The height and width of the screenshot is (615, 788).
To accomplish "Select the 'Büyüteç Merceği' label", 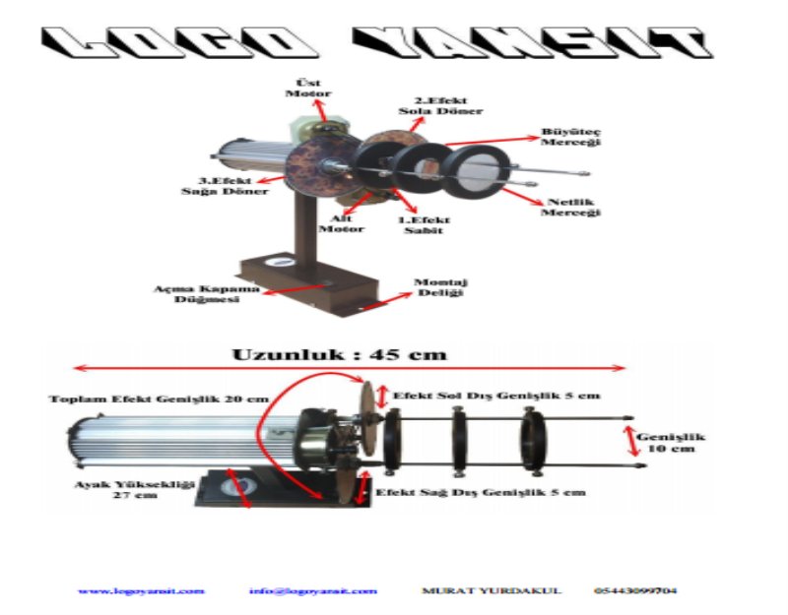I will (x=570, y=136).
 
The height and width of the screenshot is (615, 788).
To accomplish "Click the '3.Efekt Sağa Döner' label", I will (x=225, y=186).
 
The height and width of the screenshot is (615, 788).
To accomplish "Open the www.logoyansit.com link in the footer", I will (x=141, y=591).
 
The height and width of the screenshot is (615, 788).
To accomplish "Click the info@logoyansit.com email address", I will (x=312, y=591).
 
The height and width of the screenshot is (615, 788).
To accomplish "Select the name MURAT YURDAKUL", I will (x=492, y=591).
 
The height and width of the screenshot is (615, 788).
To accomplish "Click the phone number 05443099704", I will (x=634, y=591).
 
